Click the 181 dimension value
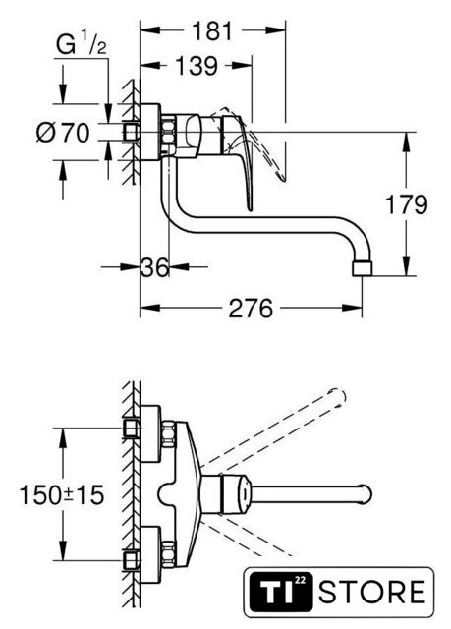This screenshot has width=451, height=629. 212,31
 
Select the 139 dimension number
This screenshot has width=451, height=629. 197,66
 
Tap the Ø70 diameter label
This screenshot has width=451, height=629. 63,133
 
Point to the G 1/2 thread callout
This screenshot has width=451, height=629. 81,44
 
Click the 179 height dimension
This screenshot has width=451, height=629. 407,204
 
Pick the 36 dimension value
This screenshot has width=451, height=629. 154,267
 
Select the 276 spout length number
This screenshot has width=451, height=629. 251,309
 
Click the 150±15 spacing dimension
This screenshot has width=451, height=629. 62,494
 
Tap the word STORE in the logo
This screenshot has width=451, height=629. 372,592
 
